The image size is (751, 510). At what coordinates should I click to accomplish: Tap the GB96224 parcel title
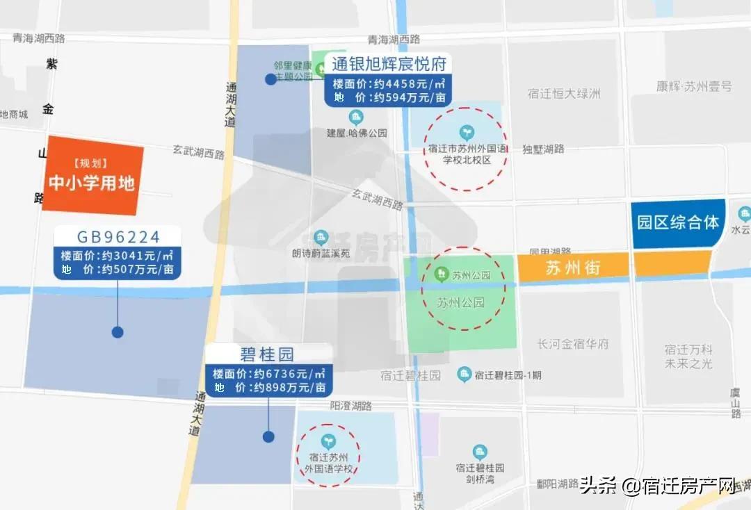(x=118, y=236)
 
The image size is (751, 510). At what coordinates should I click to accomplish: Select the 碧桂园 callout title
(x=268, y=355)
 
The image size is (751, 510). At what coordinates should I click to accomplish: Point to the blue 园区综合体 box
(x=678, y=223)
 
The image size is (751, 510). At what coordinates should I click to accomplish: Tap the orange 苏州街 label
(x=573, y=267)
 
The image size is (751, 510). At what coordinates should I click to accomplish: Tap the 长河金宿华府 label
(x=573, y=344)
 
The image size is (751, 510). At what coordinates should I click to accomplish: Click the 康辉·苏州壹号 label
(x=694, y=87)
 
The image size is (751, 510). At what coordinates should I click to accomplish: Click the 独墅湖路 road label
(x=543, y=149)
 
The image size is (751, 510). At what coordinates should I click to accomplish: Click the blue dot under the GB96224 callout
(x=118, y=332)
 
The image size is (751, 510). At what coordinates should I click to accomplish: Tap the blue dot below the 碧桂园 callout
(x=268, y=436)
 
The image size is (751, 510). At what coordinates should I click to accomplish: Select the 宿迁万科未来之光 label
(x=688, y=356)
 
